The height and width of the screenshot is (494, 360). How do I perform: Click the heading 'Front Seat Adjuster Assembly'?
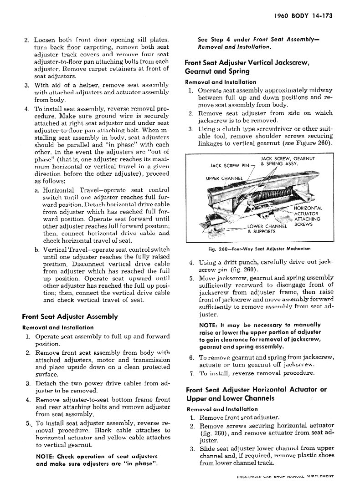[70, 316]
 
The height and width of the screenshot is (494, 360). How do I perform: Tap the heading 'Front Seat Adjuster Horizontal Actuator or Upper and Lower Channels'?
[256, 394]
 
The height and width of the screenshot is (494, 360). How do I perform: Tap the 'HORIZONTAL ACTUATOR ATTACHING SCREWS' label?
[308, 216]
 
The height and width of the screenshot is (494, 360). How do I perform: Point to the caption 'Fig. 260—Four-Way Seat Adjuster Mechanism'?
[258, 249]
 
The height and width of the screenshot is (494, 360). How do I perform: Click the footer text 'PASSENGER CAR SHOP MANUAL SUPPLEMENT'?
[285, 476]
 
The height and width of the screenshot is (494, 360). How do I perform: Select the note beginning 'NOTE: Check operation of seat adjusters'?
[97, 460]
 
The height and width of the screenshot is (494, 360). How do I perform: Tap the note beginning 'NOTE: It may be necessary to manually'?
[260, 336]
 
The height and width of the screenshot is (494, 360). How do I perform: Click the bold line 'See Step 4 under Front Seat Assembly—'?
[258, 40]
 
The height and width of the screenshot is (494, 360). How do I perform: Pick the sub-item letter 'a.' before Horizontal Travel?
[36, 190]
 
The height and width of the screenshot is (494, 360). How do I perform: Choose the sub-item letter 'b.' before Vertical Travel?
[36, 250]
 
